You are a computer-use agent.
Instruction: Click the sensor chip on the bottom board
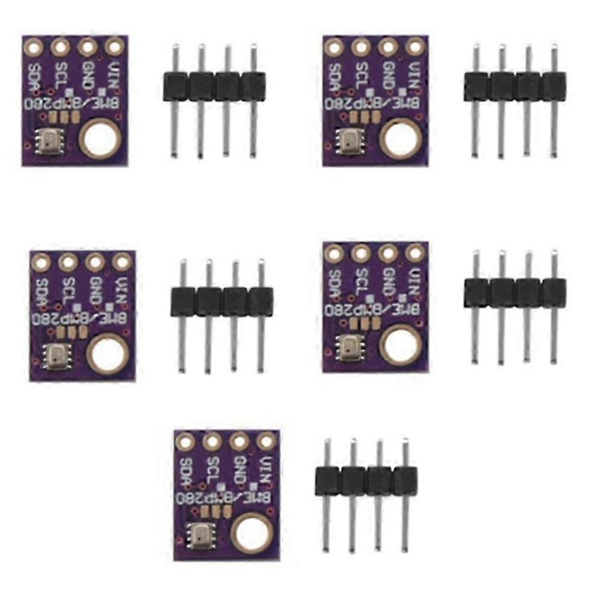point(198,533)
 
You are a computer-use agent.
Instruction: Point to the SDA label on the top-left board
point(34,77)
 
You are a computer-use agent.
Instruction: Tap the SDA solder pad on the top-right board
point(333,46)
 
